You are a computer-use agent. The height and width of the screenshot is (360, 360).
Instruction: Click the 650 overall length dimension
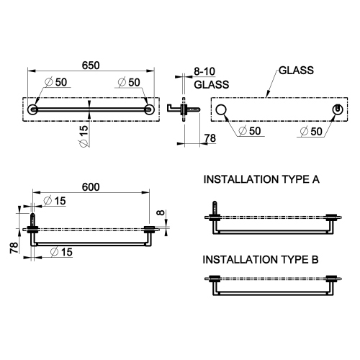[89, 65]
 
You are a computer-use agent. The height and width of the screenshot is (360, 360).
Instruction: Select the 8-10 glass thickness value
[204, 72]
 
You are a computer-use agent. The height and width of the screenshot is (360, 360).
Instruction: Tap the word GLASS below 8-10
[212, 84]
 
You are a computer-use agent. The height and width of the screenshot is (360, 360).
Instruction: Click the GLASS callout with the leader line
[294, 70]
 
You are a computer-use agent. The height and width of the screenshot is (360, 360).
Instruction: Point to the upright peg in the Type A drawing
[213, 209]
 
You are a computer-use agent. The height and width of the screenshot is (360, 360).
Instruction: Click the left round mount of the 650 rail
[33, 109]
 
